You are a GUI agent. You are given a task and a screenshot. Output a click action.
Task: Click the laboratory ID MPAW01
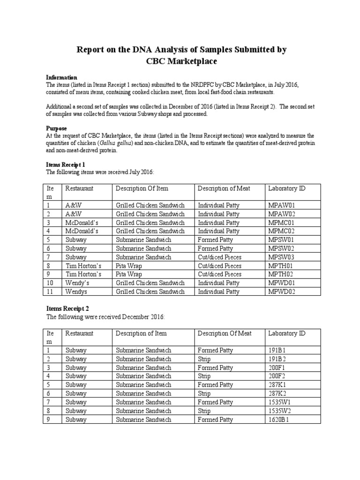[x=281, y=205]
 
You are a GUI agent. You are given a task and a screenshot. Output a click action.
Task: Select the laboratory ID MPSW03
[x=281, y=257]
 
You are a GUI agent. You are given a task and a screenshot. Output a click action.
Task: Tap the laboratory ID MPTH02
[x=281, y=274]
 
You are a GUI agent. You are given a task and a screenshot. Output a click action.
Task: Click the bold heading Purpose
[x=56, y=128]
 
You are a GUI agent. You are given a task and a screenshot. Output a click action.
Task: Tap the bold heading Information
[x=61, y=77]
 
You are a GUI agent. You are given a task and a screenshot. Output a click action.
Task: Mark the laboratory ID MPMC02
[x=281, y=231]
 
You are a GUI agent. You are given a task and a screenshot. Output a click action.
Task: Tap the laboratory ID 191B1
[x=277, y=350]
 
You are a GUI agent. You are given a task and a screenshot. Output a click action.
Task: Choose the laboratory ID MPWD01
[x=281, y=283]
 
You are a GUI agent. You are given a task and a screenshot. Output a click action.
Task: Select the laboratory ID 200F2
[x=277, y=376]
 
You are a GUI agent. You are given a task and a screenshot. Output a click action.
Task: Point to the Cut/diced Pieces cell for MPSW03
[x=219, y=257]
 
